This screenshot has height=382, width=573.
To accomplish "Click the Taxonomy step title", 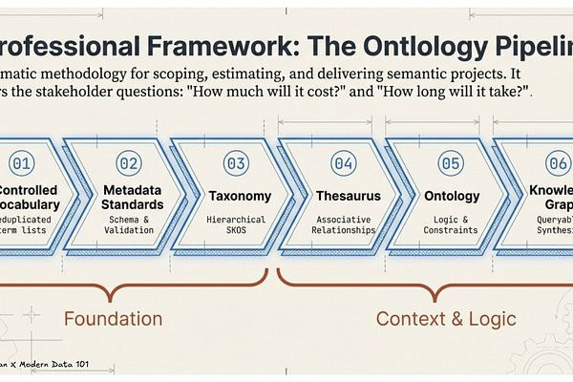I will click(x=240, y=196).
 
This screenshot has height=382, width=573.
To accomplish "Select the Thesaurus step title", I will click(x=349, y=196).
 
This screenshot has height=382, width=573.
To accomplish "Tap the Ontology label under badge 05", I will click(x=455, y=196).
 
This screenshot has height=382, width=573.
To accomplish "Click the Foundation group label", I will click(x=113, y=318).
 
